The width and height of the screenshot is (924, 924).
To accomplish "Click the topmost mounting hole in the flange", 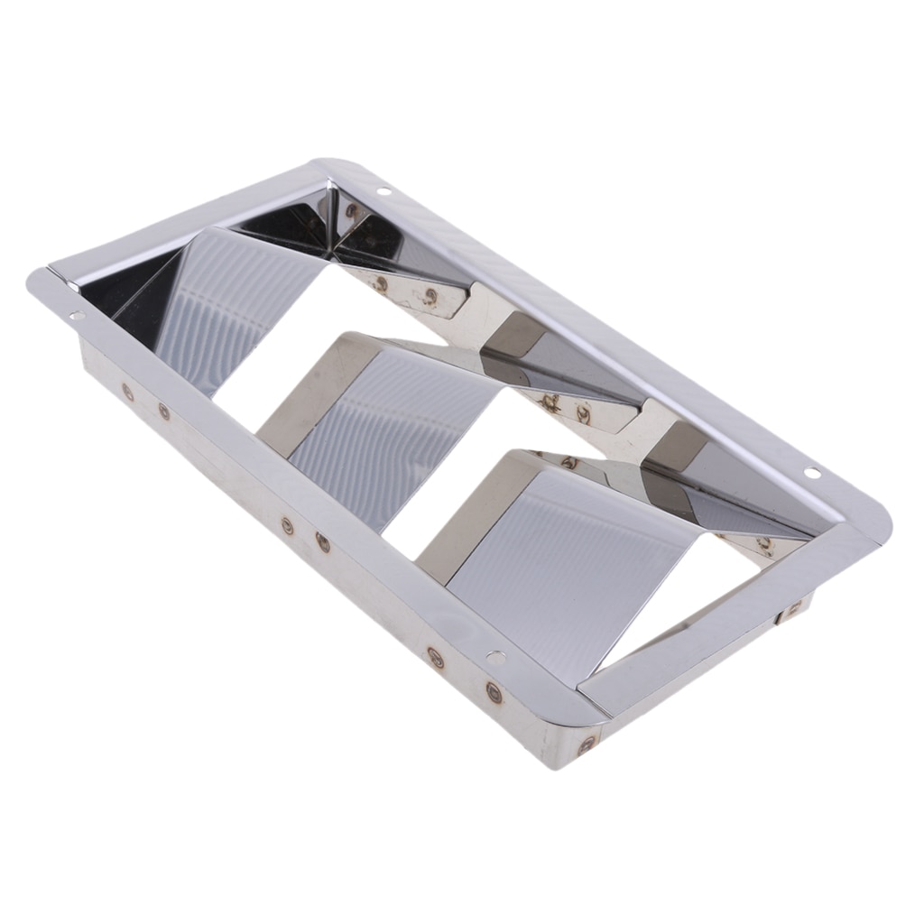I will pos(383,191).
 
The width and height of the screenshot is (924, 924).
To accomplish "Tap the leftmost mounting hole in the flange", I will pos(75,317).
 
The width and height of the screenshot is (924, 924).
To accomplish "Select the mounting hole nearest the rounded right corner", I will pos(811,472).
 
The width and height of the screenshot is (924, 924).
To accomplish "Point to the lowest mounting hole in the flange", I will pos(494,656).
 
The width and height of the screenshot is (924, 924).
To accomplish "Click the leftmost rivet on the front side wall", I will pos(127,393).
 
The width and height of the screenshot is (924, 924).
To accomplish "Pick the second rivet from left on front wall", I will pos(164,411).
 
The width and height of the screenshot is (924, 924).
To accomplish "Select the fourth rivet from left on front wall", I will pos(323,541).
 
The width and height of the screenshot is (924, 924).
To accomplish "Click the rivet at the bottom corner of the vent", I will pos(587,744).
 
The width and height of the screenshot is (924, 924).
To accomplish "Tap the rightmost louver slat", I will pos(559,550).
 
